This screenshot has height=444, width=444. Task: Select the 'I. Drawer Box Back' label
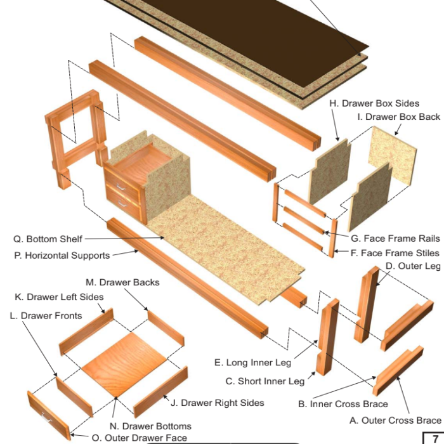point(398,117)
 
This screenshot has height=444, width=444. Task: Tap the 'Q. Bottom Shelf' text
point(48,239)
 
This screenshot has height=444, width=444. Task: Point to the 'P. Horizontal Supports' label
point(62,256)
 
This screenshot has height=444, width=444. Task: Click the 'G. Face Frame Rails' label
point(395,239)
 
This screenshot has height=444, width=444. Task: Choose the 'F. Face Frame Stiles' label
point(395,253)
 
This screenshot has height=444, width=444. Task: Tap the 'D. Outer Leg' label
point(413,266)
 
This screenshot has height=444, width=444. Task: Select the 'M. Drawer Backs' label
point(122,282)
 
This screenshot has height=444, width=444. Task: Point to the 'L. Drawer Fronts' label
point(46,315)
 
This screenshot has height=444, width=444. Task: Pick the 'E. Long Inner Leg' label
point(252,363)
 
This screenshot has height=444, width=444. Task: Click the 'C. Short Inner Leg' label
point(265,381)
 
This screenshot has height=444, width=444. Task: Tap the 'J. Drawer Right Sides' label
point(216,402)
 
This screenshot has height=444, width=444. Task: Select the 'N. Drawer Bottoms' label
point(150,426)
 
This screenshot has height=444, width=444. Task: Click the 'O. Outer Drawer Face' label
point(139,438)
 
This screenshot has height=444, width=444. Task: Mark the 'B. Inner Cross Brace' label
point(343,404)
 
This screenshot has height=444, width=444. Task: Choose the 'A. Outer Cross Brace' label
point(395,421)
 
